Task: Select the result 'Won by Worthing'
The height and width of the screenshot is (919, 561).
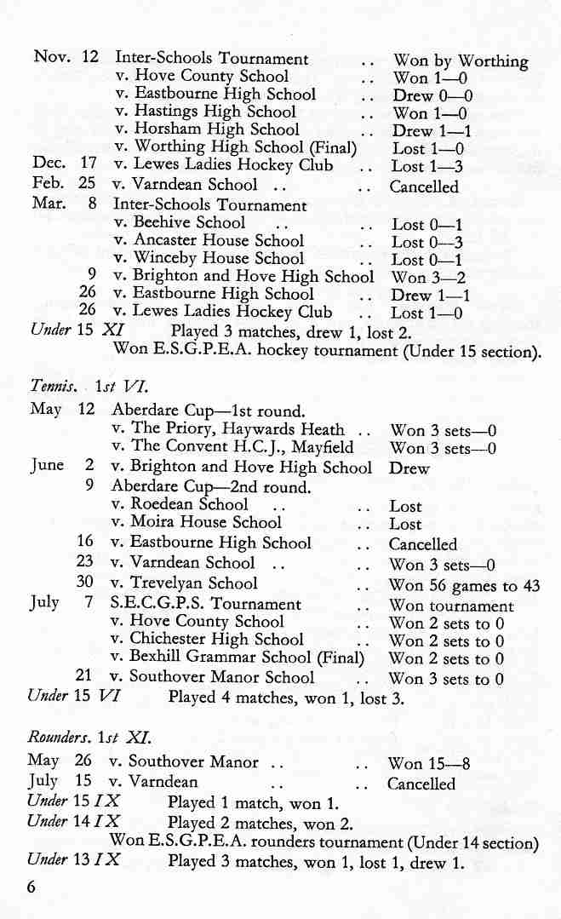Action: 461,60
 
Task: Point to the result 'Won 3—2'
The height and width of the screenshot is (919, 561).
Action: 428,276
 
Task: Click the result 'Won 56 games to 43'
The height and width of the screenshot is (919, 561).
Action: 464,585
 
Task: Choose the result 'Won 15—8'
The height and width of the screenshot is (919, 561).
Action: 428,763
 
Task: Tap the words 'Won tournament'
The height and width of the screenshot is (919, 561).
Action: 451,606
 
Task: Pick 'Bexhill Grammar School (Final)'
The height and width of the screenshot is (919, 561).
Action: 247,657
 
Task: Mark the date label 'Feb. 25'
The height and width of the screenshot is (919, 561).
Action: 64,184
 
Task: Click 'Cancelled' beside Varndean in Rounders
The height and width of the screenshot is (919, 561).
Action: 421,784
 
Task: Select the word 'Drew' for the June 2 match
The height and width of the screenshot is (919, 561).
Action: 409,468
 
